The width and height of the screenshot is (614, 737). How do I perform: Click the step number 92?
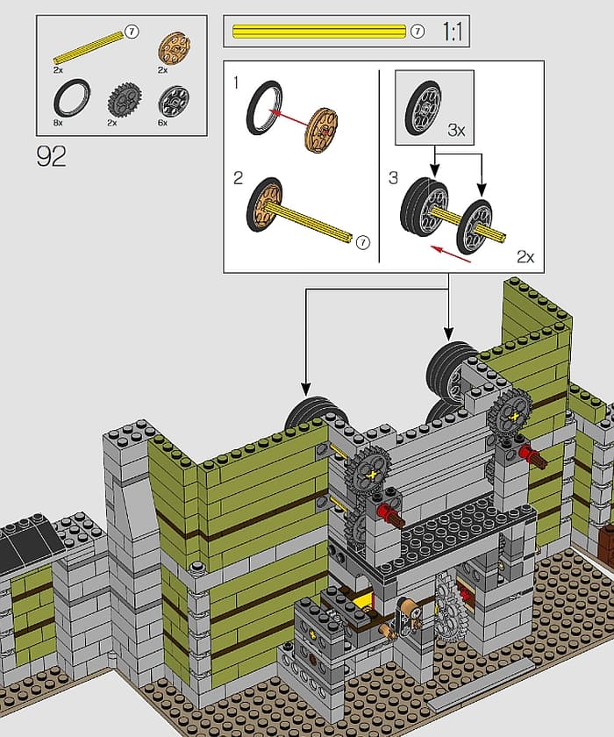pos(51,156)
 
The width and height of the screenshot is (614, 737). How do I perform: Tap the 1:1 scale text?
pos(453,32)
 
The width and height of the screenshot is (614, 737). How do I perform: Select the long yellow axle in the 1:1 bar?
pos(319,32)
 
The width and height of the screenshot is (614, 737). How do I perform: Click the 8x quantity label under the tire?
pos(58,123)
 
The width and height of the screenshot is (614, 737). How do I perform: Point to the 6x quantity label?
pos(162,123)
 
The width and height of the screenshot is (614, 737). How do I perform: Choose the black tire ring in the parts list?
pos(72,97)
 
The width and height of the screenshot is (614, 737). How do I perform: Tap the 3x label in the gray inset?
pos(456,130)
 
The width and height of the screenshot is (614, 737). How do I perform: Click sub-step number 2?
pos(239,178)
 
